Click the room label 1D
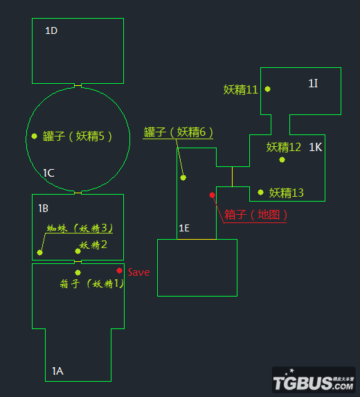(51, 30)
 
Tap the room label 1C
(48, 173)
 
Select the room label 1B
(43, 209)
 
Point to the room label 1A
(57, 371)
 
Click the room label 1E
(184, 229)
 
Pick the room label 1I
(313, 84)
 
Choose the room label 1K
(315, 147)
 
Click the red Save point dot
(119, 271)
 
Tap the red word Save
(138, 272)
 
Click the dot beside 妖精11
(267, 89)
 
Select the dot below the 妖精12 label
(282, 160)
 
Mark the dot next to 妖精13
(260, 193)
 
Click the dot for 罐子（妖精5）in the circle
(35, 136)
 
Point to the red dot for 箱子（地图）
(213, 195)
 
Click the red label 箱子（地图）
(255, 215)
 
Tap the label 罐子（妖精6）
(178, 132)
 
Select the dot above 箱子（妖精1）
(78, 272)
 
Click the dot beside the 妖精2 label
(78, 252)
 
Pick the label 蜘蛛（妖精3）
(80, 228)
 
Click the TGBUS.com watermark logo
(314, 380)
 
